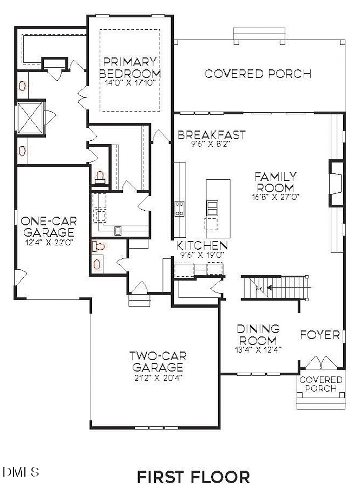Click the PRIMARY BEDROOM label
130,67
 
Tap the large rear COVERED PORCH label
258,74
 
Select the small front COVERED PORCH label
321,384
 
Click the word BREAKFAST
212,135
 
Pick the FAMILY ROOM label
276,182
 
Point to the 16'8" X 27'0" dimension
276,197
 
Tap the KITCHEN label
200,245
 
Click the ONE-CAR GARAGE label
49,227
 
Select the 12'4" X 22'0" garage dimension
49,242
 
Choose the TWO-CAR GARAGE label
158,362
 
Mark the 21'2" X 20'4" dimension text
158,378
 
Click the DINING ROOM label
258,335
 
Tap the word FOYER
319,334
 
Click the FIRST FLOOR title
193,477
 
